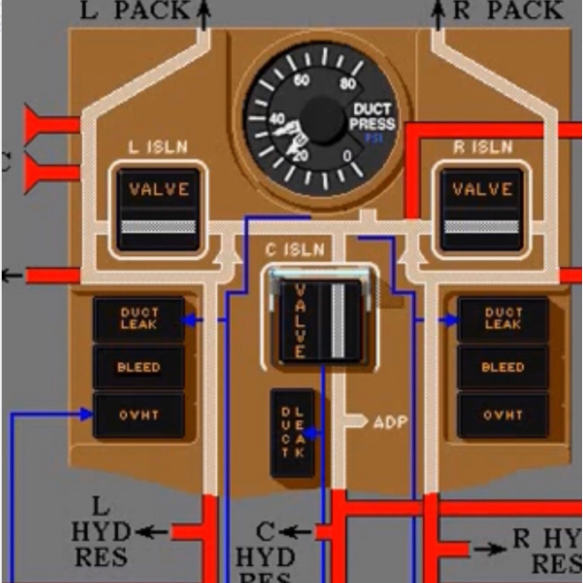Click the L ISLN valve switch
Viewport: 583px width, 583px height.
(x=158, y=209)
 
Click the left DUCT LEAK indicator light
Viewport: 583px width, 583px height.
(x=139, y=319)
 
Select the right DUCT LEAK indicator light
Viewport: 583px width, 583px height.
(x=503, y=319)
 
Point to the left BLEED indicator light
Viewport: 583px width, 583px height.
(x=139, y=367)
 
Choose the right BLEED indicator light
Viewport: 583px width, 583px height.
(x=503, y=367)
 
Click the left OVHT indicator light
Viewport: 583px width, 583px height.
(x=139, y=415)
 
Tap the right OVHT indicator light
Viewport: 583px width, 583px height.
(x=503, y=415)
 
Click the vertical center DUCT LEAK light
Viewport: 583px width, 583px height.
(x=292, y=432)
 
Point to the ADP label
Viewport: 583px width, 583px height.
(x=390, y=422)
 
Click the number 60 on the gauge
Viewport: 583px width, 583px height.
(x=302, y=80)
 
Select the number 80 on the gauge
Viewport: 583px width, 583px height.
(x=347, y=83)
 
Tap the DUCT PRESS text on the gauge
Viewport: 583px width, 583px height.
(x=372, y=117)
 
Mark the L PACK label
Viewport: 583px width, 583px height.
(x=135, y=10)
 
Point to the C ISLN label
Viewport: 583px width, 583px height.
(x=295, y=250)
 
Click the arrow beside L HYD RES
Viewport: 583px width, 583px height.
(x=151, y=532)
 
